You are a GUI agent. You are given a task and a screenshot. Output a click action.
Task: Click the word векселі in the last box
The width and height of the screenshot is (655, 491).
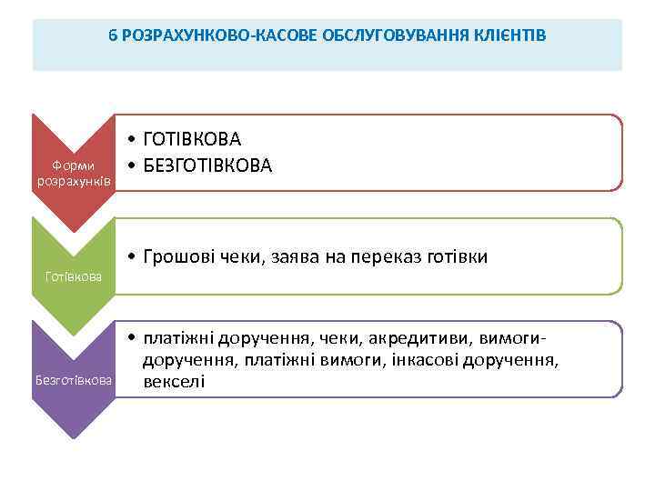[175, 381]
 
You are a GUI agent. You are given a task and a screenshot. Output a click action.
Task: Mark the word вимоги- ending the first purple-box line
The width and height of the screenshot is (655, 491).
[505, 339]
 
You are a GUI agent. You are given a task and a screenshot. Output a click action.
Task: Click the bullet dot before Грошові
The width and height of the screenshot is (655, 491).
[133, 257]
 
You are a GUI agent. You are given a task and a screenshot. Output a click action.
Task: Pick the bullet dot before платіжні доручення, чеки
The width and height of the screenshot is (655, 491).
[133, 339]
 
